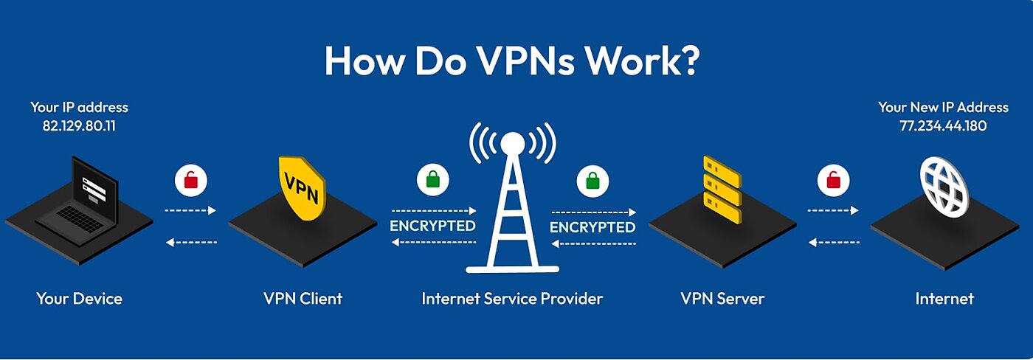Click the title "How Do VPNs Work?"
511,61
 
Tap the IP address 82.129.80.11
79,125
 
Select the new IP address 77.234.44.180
942,125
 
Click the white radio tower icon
513,199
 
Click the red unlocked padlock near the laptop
191,179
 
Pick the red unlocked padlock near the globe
833,179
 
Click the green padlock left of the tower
432,179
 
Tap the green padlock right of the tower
592,179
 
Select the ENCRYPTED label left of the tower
432,226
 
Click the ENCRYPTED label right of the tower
592,226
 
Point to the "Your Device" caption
79,299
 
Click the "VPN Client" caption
303,299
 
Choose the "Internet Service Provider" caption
512,299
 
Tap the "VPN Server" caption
722,299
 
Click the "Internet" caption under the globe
944,299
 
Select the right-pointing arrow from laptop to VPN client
190,210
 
